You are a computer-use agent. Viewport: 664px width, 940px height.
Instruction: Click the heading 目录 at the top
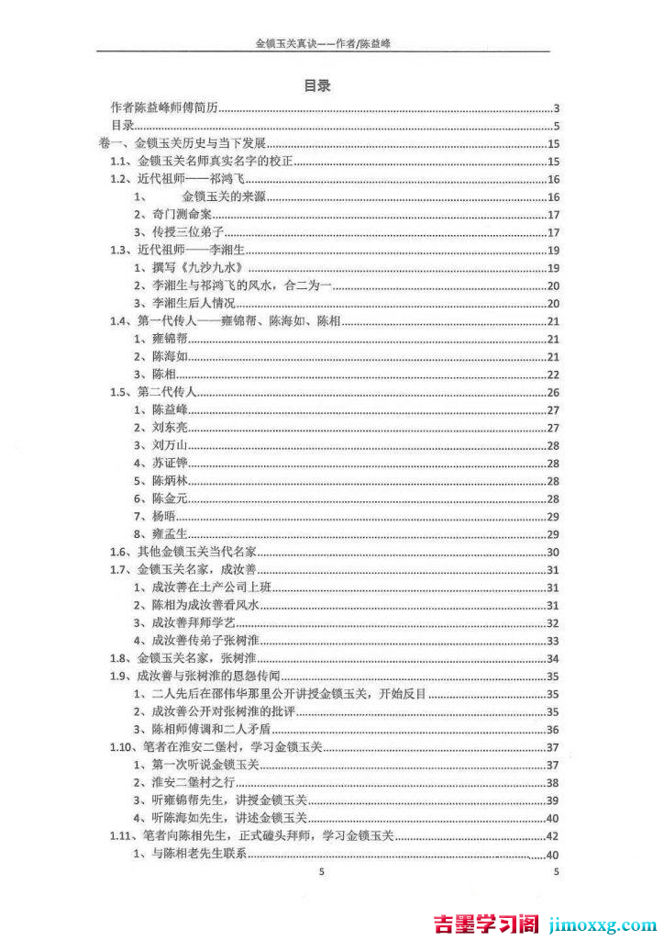coord(317,85)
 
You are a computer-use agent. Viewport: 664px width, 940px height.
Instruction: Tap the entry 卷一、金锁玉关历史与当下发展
coord(181,143)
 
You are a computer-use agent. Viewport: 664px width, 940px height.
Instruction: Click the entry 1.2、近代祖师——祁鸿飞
coord(172,179)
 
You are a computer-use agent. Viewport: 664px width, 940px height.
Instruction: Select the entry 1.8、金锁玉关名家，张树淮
coord(187,658)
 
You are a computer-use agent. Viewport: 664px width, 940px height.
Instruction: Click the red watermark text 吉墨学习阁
coord(484,923)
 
